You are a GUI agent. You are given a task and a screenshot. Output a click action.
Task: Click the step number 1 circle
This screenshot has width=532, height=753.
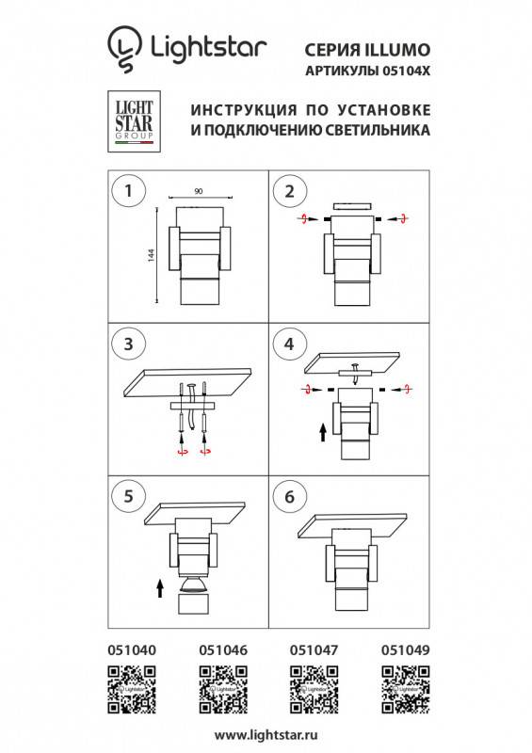coord(127,191)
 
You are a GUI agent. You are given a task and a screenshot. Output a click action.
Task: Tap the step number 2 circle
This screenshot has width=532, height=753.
coord(289,191)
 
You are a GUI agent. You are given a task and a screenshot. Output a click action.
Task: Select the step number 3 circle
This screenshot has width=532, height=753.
coord(127,343)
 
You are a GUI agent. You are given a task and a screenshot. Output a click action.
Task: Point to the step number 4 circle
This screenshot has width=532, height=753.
coord(289,343)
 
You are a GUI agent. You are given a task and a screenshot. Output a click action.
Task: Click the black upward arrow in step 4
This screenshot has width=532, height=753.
coord(322,432)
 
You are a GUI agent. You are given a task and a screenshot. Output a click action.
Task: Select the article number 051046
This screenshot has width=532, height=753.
coord(223,649)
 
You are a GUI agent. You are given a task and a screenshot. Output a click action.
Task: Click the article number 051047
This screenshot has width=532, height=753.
coord(313,649)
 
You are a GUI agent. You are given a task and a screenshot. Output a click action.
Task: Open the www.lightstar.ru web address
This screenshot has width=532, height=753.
coord(266,733)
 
